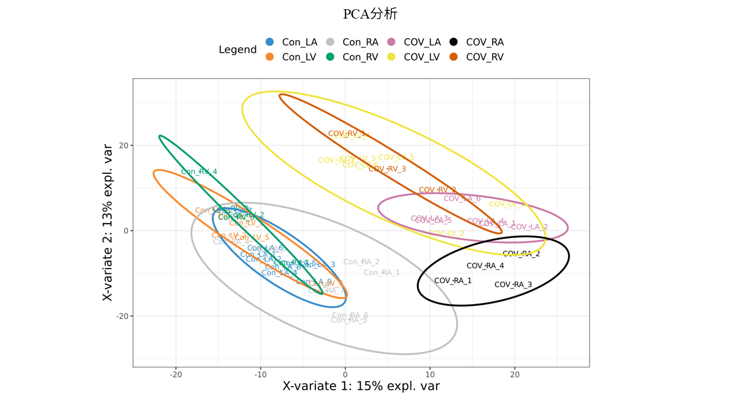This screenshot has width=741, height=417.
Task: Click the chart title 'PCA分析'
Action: click(370, 14)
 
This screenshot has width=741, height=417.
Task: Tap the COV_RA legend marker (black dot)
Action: click(454, 42)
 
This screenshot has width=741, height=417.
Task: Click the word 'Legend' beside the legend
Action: click(237, 50)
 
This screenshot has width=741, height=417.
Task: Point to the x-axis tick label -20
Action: click(176, 374)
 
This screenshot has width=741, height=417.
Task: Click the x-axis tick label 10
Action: click(430, 374)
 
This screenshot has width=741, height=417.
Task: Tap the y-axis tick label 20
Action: click(123, 145)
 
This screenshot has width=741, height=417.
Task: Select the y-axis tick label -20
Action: click(122, 316)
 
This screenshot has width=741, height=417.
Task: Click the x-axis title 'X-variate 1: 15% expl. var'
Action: click(361, 386)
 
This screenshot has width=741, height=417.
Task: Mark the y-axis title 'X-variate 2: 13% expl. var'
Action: click(108, 222)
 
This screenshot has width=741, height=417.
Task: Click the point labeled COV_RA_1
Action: click(453, 281)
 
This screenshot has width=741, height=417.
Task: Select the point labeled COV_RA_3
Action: click(513, 285)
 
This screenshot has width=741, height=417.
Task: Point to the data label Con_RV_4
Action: click(199, 172)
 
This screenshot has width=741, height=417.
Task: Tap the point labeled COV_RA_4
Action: click(485, 266)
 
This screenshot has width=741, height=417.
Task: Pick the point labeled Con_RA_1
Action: click(381, 273)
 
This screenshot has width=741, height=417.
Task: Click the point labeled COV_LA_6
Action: click(462, 199)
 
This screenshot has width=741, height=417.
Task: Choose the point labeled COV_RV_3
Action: click(387, 169)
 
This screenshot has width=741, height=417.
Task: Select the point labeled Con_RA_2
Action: click(361, 262)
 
